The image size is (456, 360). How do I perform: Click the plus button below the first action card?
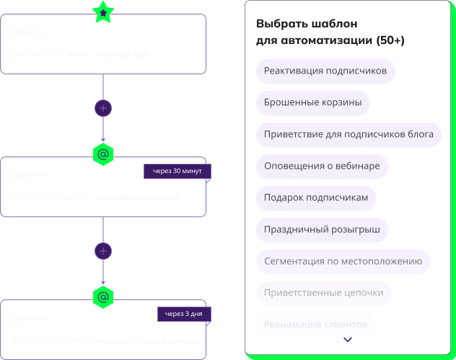click(103, 107)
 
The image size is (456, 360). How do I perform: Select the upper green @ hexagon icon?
click(103, 154)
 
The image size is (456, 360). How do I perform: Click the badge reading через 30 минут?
click(177, 171)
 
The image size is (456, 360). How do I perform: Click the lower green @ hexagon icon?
click(103, 297)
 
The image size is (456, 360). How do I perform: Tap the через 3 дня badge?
click(185, 314)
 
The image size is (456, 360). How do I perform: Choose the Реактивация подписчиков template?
click(325, 71)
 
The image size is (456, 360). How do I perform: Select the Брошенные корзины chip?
click(312, 102)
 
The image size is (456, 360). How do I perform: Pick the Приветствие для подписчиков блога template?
click(348, 134)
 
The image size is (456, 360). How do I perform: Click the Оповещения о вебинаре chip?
click(322, 166)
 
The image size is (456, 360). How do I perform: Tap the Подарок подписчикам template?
click(316, 198)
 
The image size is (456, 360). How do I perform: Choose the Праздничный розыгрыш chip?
click(322, 229)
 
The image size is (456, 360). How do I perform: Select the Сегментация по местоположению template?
click(343, 261)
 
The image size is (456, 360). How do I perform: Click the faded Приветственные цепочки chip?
click(324, 293)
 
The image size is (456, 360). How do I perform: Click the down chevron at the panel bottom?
click(348, 339)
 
